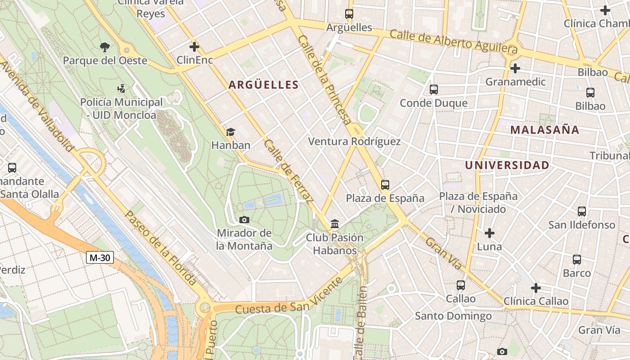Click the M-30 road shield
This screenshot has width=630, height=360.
click(100, 258)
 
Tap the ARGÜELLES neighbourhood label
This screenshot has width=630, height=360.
click(263, 85)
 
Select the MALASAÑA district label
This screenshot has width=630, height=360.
click(544, 130)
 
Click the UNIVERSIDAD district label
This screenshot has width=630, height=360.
click(507, 165)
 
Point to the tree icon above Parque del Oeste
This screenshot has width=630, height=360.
click(105, 47)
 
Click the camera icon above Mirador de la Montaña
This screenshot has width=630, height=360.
click(244, 220)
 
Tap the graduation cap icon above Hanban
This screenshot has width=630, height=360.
click(230, 132)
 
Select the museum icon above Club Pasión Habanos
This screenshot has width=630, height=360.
click(335, 224)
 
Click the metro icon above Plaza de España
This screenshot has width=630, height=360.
click(385, 184)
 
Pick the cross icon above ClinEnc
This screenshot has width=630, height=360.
click(194, 46)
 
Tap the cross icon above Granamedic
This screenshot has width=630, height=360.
click(515, 68)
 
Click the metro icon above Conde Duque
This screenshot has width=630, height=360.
click(434, 90)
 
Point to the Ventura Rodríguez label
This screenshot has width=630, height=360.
click(354, 141)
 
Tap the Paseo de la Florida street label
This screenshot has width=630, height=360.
click(160, 248)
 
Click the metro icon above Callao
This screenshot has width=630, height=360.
click(461, 285)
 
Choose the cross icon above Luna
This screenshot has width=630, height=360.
click(490, 233)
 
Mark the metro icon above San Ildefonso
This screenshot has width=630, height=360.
click(582, 211)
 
